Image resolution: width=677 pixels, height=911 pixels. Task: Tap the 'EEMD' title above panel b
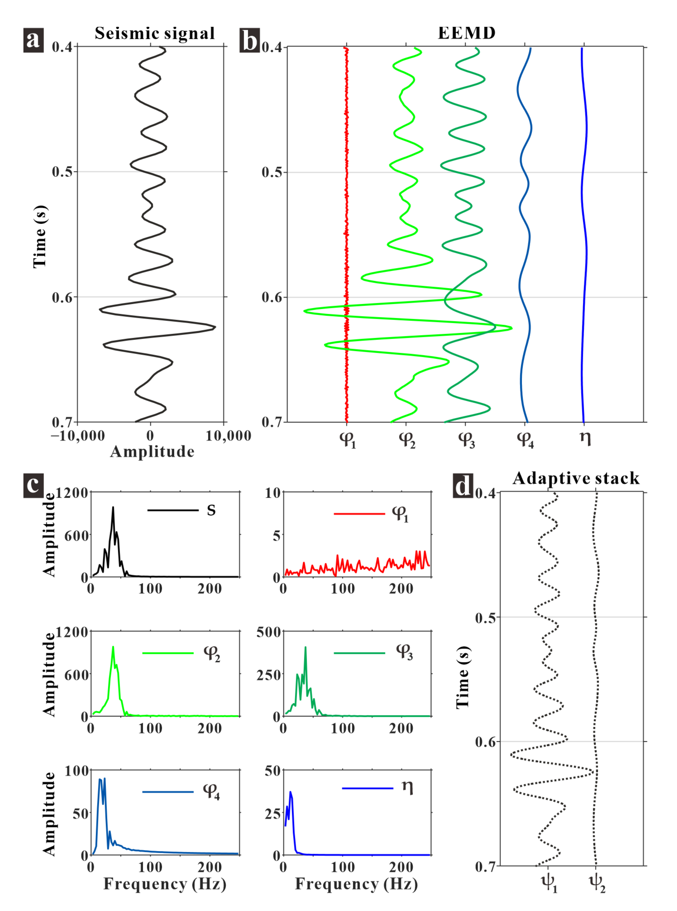click(467, 33)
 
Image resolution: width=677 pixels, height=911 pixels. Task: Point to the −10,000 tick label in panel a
click(78, 436)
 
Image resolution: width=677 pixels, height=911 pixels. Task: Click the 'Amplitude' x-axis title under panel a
click(152, 452)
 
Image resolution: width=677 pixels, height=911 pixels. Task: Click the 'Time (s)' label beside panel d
click(463, 677)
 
